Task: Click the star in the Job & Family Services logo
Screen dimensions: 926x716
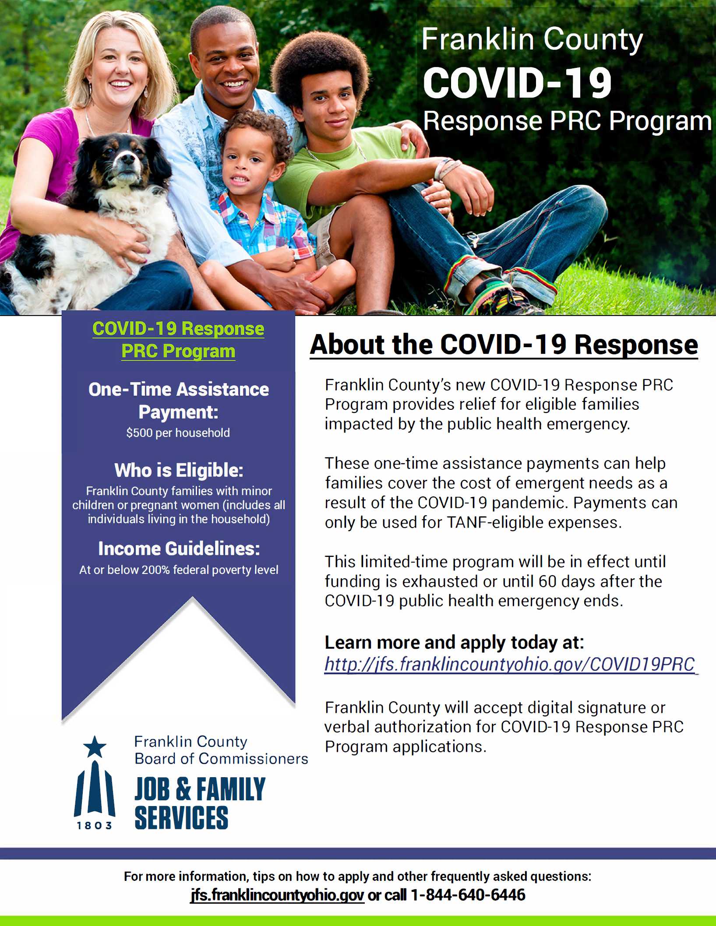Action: [95, 746]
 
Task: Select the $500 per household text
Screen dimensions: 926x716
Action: [178, 433]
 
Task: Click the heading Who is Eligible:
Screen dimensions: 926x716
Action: [179, 470]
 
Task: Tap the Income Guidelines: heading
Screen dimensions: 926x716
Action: [179, 549]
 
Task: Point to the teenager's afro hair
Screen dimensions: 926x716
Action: [319, 61]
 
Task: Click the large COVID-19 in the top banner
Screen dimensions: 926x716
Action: [517, 83]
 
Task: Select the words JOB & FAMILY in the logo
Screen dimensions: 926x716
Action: [200, 789]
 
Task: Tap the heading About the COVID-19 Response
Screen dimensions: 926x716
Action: [504, 345]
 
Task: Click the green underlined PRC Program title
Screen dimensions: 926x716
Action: [178, 351]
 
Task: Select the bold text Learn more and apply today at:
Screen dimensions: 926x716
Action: [454, 642]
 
